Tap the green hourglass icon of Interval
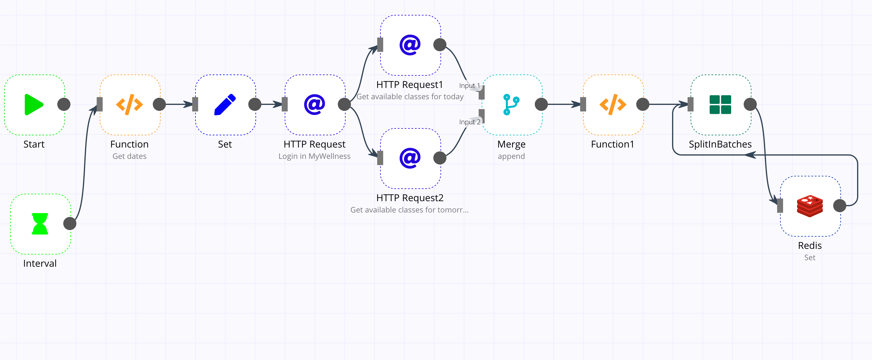click(40, 224)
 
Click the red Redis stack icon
click(810, 206)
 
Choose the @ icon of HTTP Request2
click(410, 158)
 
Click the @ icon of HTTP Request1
click(410, 45)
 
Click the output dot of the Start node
click(64, 104)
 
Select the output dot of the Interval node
click(70, 224)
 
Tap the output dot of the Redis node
click(839, 206)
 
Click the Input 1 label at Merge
click(469, 86)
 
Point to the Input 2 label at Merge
click(469, 122)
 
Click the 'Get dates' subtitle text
click(129, 156)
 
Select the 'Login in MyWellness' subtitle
click(314, 156)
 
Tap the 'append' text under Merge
click(511, 156)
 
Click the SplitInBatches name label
click(720, 144)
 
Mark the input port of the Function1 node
click(583, 104)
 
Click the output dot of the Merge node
click(541, 104)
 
